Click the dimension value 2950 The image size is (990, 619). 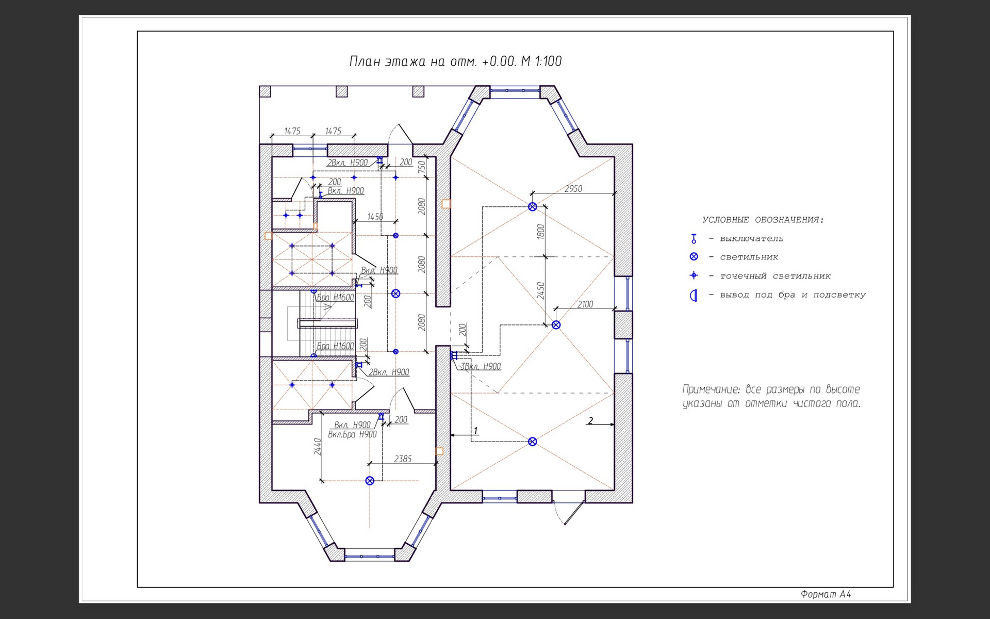pyautogui.click(x=573, y=189)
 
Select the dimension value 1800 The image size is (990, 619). pyautogui.click(x=540, y=232)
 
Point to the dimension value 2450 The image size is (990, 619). pyautogui.click(x=540, y=290)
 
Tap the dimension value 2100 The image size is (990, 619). pyautogui.click(x=585, y=304)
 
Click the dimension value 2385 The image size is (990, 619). pyautogui.click(x=403, y=459)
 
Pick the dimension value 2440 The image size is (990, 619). pyautogui.click(x=318, y=446)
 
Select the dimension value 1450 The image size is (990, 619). pyautogui.click(x=375, y=217)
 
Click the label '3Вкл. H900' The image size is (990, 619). pyautogui.click(x=481, y=366)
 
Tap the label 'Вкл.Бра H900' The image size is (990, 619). pyautogui.click(x=352, y=434)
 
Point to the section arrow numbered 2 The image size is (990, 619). pyautogui.click(x=591, y=421)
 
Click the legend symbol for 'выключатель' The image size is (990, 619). pyautogui.click(x=694, y=239)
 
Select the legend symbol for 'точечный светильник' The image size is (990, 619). pyautogui.click(x=694, y=275)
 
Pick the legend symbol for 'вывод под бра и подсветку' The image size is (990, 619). pyautogui.click(x=694, y=296)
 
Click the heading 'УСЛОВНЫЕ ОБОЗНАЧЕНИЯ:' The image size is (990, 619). pyautogui.click(x=763, y=220)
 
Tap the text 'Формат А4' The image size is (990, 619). pyautogui.click(x=826, y=594)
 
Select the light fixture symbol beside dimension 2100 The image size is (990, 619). pyautogui.click(x=556, y=324)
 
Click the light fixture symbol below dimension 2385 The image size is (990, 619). pyautogui.click(x=370, y=481)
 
